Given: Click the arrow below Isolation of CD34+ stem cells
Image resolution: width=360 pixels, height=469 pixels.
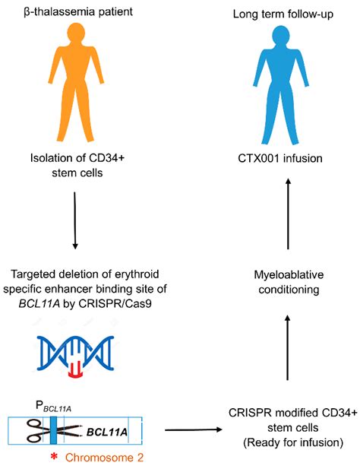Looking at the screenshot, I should click(74, 220).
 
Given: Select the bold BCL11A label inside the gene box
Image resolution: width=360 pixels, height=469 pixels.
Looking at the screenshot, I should click(106, 432).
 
